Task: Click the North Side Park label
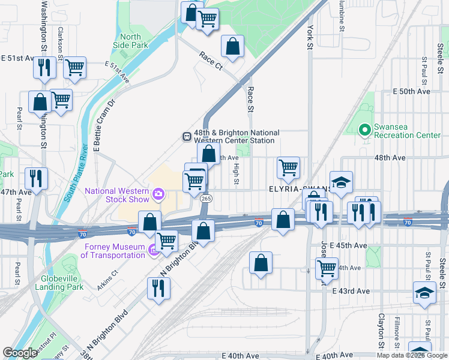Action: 130,40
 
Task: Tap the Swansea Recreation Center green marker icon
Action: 364,130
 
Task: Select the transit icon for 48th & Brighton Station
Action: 187,136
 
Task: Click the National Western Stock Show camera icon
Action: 158,193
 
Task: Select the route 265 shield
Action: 206,199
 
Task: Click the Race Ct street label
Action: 211,60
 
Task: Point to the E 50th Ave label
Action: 412,91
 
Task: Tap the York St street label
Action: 310,37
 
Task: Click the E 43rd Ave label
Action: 351,290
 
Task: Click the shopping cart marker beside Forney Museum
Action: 166,241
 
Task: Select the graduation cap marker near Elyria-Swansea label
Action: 341,182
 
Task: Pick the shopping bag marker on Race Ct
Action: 232,46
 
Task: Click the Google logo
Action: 20,353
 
